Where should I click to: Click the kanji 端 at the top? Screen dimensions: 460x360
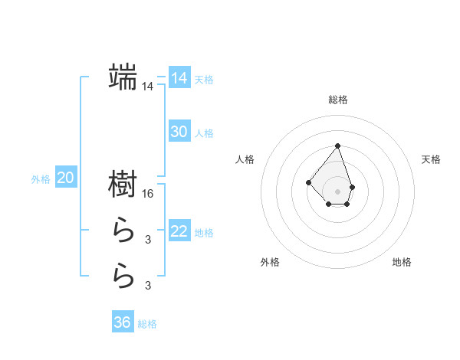pos(123,77)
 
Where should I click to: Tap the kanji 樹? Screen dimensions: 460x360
pos(123,184)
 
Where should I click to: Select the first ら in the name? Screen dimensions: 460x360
pos(123,230)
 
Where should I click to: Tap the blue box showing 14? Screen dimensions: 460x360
pos(179,78)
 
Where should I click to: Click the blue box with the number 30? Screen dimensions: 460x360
pos(179,132)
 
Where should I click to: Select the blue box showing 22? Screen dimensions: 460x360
pos(179,231)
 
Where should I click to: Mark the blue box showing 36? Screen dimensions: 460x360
pos(123,322)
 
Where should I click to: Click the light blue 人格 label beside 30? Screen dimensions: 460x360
pos(204,133)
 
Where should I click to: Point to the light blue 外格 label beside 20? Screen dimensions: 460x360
pos(41,180)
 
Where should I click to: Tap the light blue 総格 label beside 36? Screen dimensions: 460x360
pos(147,324)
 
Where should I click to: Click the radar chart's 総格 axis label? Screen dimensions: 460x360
pos(337,100)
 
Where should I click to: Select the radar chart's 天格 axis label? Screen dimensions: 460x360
pos(432,159)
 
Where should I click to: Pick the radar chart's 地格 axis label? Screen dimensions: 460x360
pos(402,262)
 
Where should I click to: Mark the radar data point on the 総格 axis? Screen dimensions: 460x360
pos(337,146)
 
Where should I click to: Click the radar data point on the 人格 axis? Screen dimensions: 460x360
pos(307,182)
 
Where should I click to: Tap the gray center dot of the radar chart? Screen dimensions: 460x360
pos(337,191)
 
